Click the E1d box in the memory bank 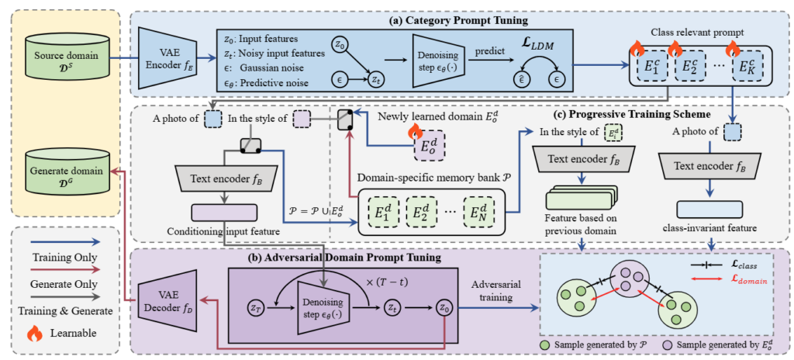tap(381, 211)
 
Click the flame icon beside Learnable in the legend tap(34, 333)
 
